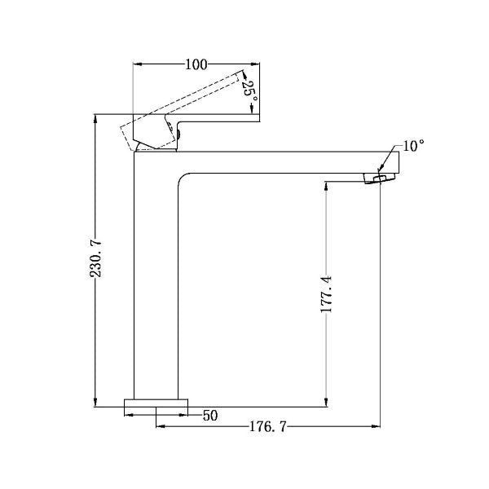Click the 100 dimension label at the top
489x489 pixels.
(196, 64)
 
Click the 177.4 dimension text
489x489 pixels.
(327, 295)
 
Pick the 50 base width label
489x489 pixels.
(210, 415)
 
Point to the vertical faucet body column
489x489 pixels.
(155, 285)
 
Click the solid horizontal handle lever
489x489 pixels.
(216, 120)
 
